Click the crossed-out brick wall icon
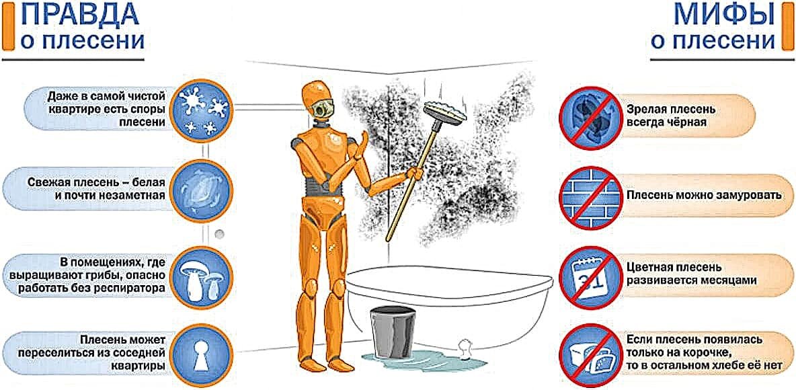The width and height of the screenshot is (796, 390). click(x=589, y=196)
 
